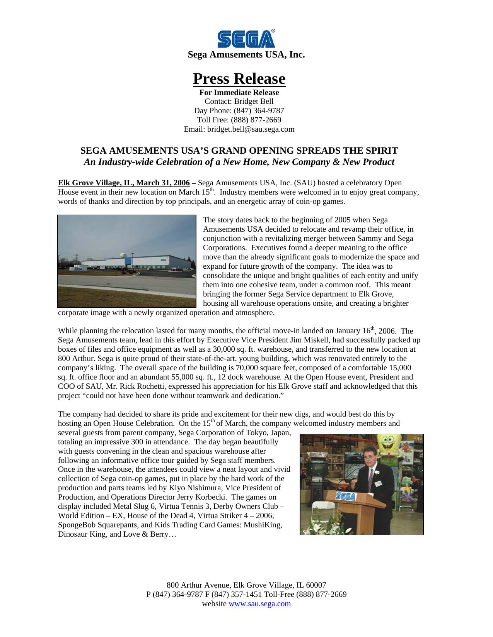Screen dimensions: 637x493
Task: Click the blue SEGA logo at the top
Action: [246, 39]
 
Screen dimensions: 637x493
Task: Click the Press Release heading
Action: [239, 79]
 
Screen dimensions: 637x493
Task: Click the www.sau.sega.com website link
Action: [259, 603]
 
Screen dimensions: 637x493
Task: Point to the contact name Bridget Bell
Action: [254, 101]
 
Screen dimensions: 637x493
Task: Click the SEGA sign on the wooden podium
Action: [345, 496]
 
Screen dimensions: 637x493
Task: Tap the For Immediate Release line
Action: [239, 92]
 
